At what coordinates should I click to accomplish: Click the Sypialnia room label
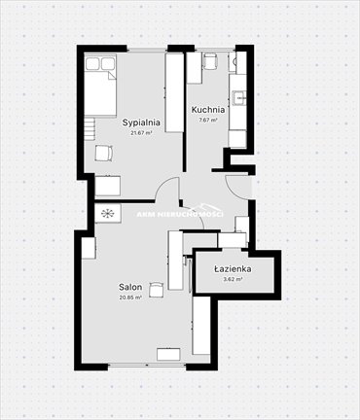tap(141, 122)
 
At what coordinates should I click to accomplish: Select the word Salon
tap(130, 288)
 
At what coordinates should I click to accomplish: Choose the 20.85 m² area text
tap(130, 297)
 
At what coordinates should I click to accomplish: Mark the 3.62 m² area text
tap(234, 279)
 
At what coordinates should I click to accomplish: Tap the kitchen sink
tap(239, 97)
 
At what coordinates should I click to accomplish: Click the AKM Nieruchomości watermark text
tap(180, 213)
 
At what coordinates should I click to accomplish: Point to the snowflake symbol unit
tap(106, 212)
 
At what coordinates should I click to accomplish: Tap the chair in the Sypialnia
tap(103, 153)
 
